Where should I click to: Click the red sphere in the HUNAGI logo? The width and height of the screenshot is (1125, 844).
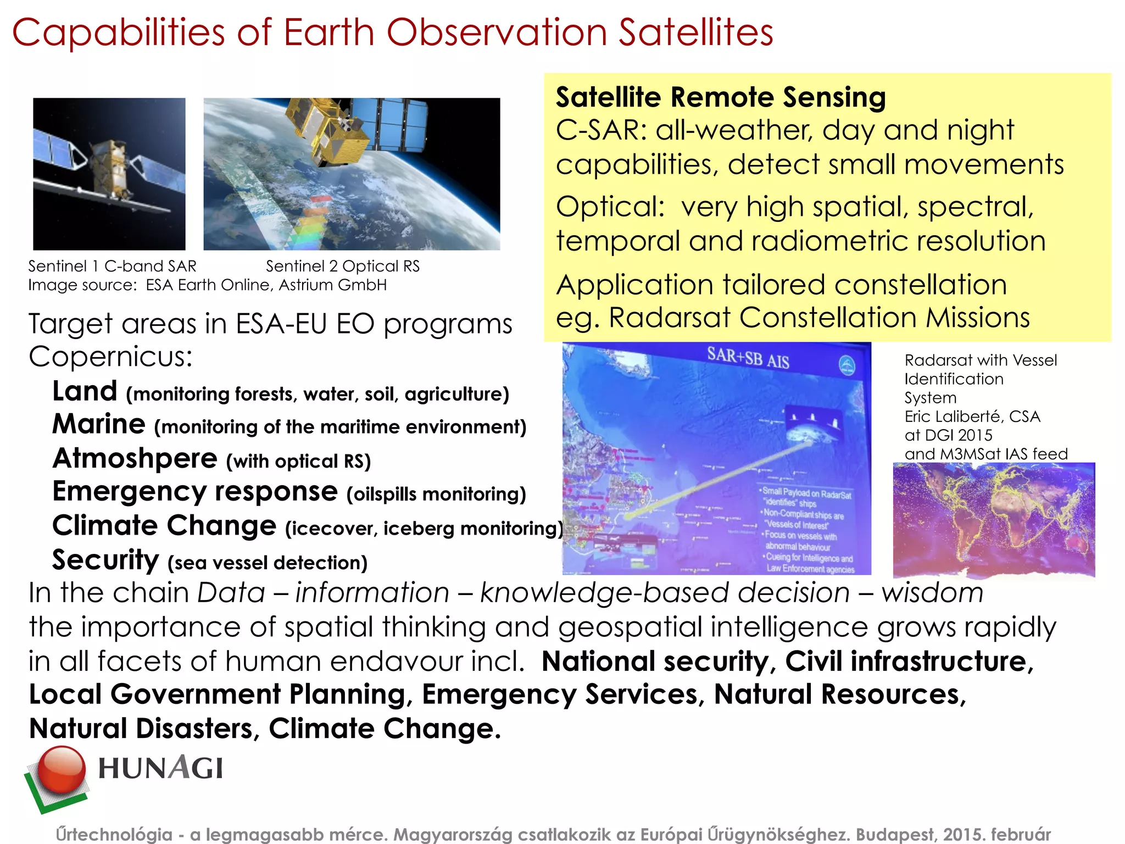coord(62,769)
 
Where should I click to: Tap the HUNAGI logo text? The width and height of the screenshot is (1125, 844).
coord(160,768)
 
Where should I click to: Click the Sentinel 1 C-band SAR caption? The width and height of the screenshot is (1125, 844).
coord(112,266)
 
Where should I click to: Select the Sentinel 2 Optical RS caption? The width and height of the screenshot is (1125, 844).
coord(343,266)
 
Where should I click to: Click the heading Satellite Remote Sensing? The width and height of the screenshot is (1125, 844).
coord(721,97)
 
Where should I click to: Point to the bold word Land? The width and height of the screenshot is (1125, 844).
coord(85,391)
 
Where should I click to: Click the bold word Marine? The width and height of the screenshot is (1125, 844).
coord(99,424)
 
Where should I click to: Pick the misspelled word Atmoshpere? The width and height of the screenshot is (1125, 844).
coord(135,458)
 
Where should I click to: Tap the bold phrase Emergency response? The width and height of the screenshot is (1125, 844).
coord(194,491)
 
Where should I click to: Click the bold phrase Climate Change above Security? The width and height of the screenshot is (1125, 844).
coord(164,525)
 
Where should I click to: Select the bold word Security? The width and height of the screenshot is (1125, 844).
coord(105,560)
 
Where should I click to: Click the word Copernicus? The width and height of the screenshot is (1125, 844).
coord(110,357)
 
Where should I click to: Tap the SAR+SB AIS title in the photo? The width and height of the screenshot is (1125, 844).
coord(748,358)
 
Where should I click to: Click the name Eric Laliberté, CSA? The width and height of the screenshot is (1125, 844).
coord(972,417)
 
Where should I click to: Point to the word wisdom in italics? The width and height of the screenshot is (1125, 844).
coord(932,593)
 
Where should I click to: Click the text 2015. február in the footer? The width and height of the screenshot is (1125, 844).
coord(996,834)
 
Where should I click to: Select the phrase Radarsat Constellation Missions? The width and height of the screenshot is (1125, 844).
coord(819,318)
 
